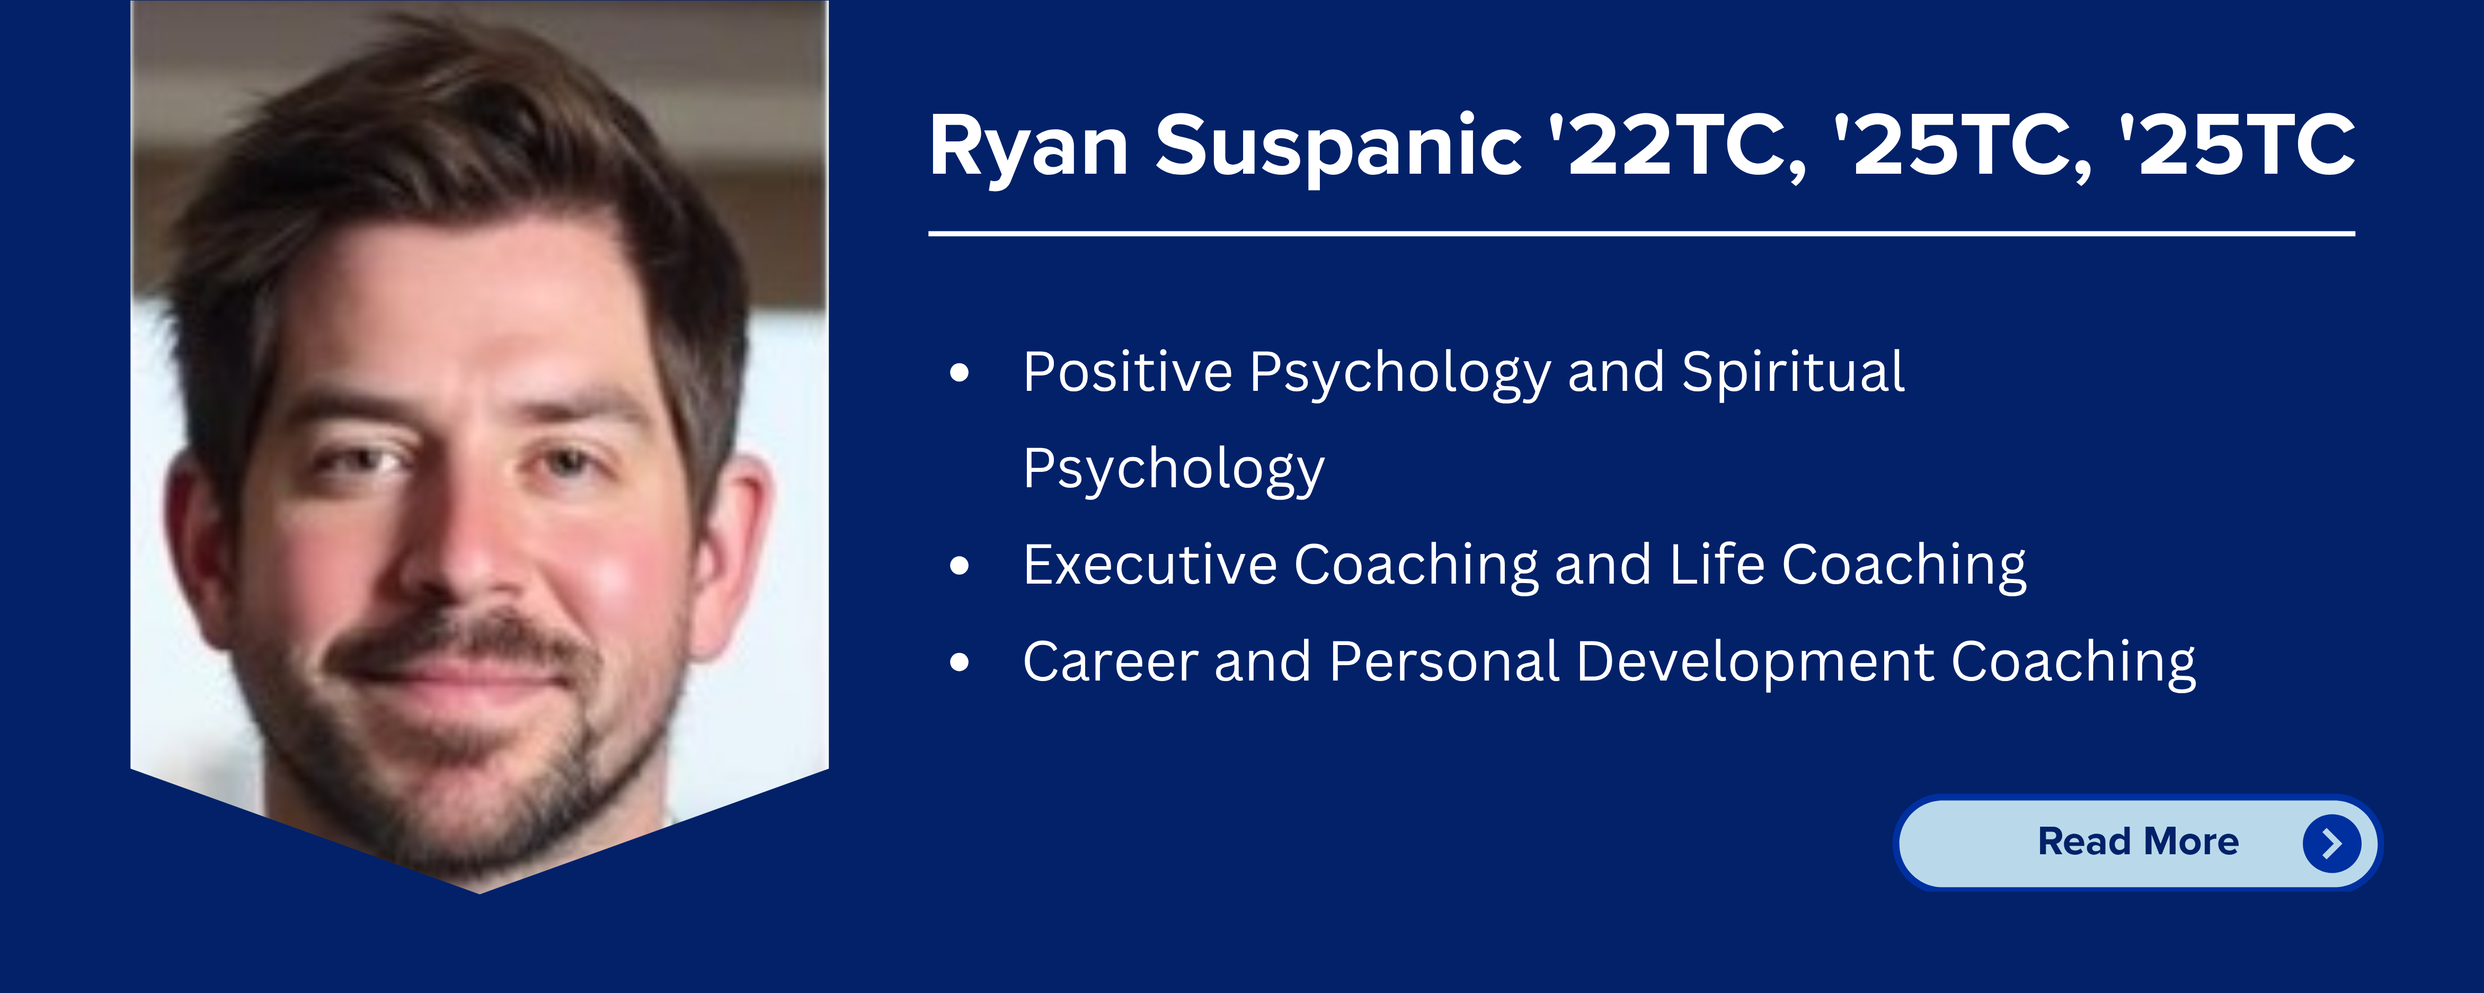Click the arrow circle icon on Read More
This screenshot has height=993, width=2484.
tap(2331, 844)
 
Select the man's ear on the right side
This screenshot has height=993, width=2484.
tap(733, 550)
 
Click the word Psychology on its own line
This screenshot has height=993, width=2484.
tap(1174, 470)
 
